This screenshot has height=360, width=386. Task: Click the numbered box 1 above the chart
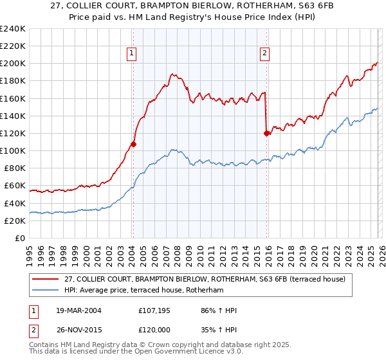tap(132, 54)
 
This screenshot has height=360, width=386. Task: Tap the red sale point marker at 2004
tap(133, 144)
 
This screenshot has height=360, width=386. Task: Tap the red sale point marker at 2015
tap(266, 133)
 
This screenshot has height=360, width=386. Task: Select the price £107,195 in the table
tap(156, 310)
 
